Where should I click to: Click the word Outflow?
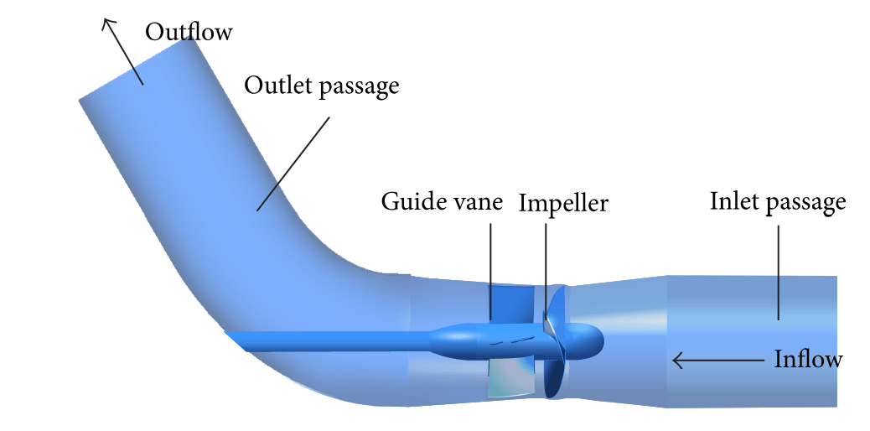188,32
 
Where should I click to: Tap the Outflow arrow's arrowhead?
106,23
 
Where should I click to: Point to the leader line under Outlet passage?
293,163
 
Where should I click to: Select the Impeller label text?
563,204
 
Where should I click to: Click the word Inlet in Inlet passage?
735,201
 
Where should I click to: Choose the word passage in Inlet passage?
807,204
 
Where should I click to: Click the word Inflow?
807,361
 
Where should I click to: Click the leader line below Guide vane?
490,268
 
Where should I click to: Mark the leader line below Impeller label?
546,268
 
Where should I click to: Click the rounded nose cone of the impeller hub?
591,337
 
